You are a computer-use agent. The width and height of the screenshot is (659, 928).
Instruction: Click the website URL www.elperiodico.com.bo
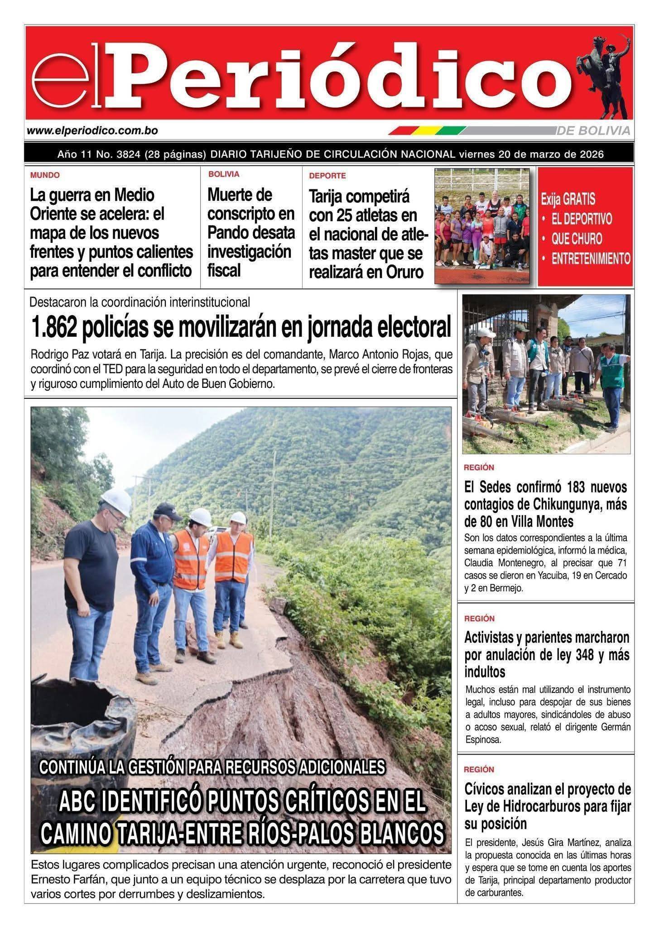(92, 131)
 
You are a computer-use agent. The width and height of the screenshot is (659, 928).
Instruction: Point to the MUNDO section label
(45, 175)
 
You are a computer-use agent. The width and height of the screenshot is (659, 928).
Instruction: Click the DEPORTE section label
(327, 175)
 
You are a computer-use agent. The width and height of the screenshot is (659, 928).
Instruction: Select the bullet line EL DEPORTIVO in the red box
(581, 219)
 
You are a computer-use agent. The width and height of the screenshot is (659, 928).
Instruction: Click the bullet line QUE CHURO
(576, 239)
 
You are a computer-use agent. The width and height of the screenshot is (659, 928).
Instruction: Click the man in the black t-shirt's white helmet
(116, 501)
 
